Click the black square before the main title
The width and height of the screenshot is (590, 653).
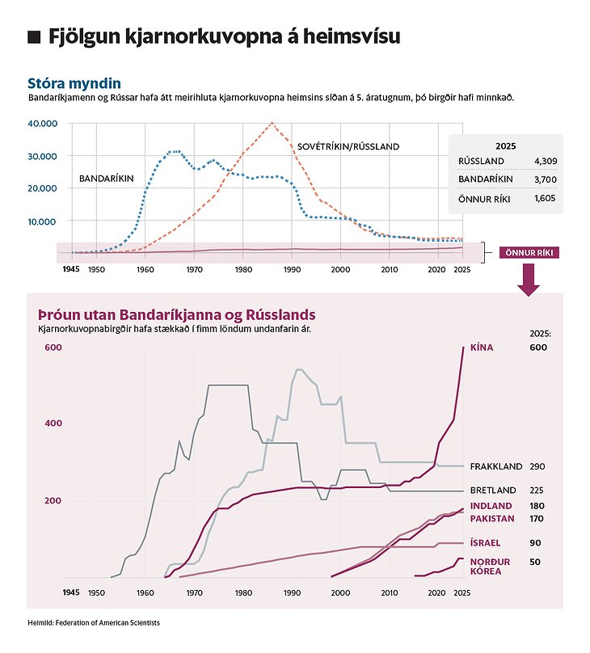tap(34, 37)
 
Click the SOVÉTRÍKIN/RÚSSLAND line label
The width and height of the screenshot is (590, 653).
tap(348, 146)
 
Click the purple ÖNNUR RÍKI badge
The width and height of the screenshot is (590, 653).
tap(529, 252)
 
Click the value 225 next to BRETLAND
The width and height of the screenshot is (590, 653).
tap(536, 490)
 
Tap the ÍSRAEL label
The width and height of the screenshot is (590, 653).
tap(485, 543)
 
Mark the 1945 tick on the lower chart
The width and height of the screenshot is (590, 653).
tap(71, 592)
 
